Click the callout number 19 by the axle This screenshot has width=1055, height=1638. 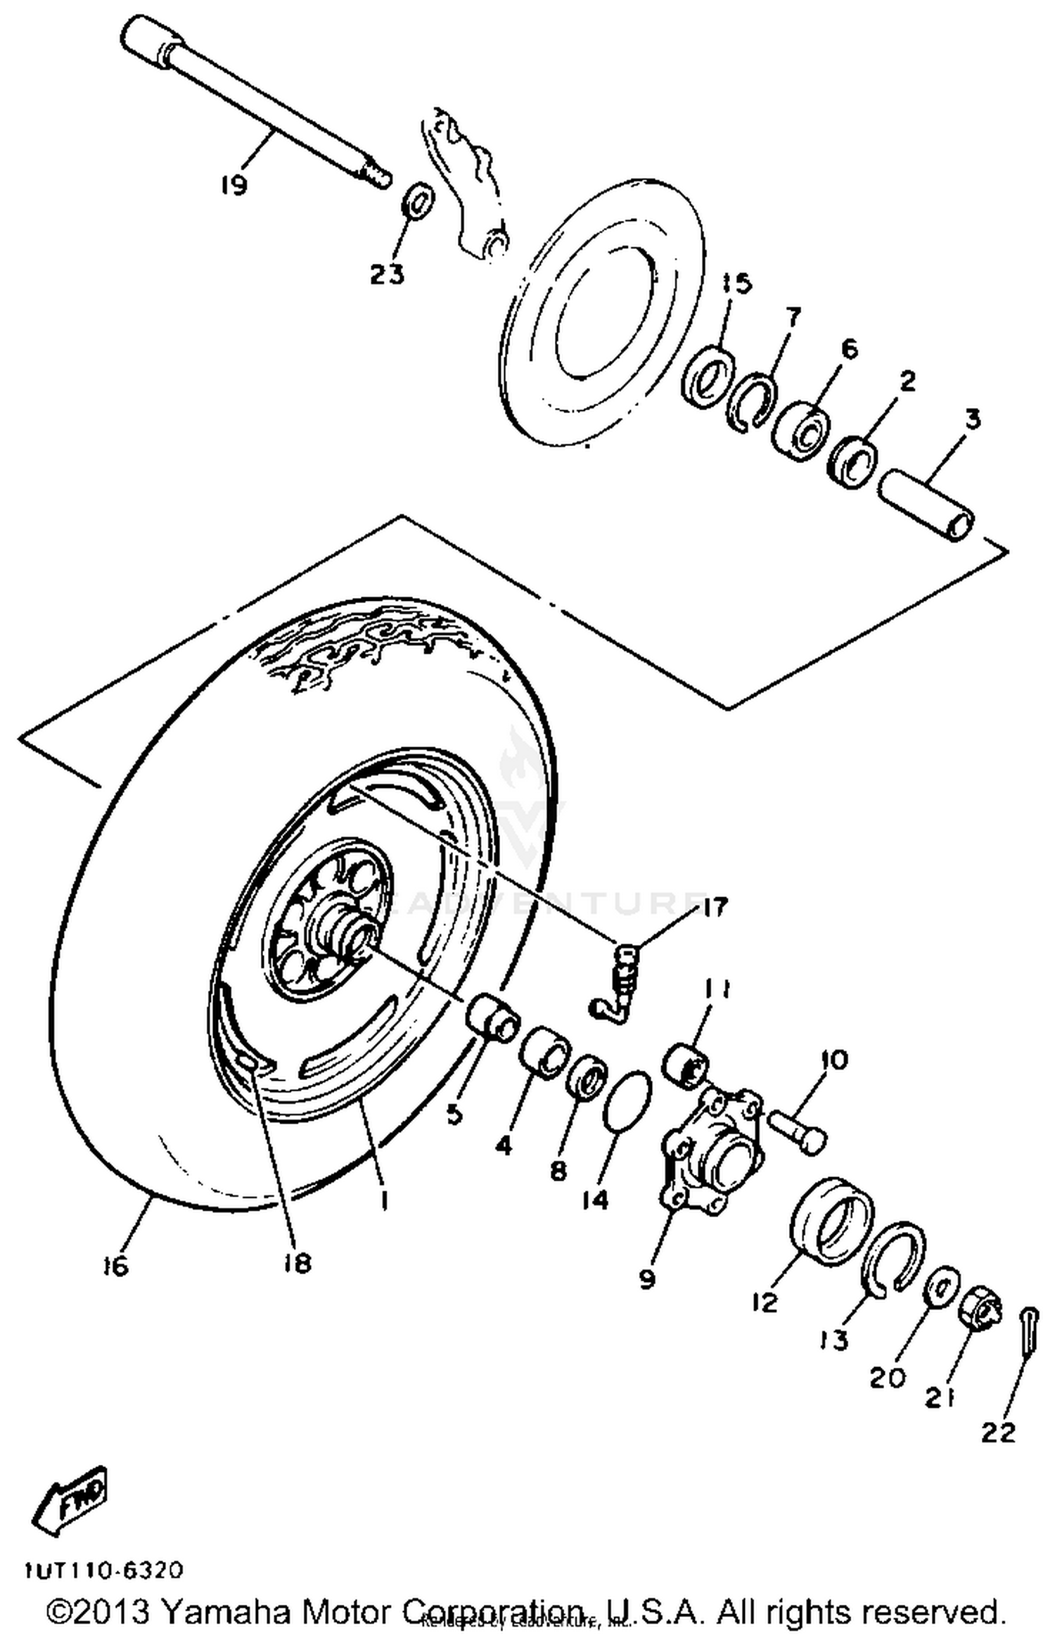coord(234,186)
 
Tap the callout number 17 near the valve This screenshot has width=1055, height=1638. coord(714,908)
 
